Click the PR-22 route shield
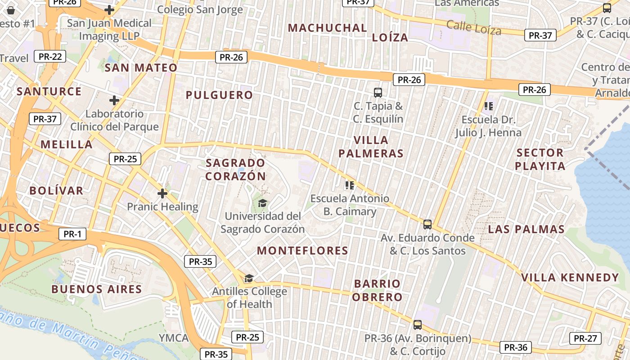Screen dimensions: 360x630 click(x=49, y=56)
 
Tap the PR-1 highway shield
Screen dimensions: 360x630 click(x=72, y=234)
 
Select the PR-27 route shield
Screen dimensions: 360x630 click(x=585, y=338)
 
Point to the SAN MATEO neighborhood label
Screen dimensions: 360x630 click(x=141, y=68)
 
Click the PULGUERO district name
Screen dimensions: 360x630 click(x=219, y=95)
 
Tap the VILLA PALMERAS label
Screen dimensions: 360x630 click(x=371, y=147)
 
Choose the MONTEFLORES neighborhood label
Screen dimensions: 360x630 click(x=302, y=251)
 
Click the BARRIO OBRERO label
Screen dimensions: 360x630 click(x=377, y=290)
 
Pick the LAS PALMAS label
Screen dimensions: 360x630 click(x=526, y=229)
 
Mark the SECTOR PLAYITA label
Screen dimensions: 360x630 click(x=540, y=159)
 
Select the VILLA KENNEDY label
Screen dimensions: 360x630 click(x=570, y=277)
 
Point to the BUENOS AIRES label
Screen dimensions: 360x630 click(x=97, y=289)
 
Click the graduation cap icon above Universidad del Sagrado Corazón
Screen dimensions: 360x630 click(x=262, y=203)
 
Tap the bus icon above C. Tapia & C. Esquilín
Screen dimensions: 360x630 click(x=378, y=93)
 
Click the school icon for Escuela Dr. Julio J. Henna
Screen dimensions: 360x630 click(x=488, y=106)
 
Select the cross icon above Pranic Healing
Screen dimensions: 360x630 click(x=162, y=193)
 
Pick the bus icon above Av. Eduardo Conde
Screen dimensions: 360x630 click(x=427, y=224)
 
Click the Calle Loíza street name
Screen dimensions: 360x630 click(x=473, y=27)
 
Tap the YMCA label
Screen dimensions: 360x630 click(x=174, y=337)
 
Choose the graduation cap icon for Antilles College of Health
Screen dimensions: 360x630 click(x=249, y=278)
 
